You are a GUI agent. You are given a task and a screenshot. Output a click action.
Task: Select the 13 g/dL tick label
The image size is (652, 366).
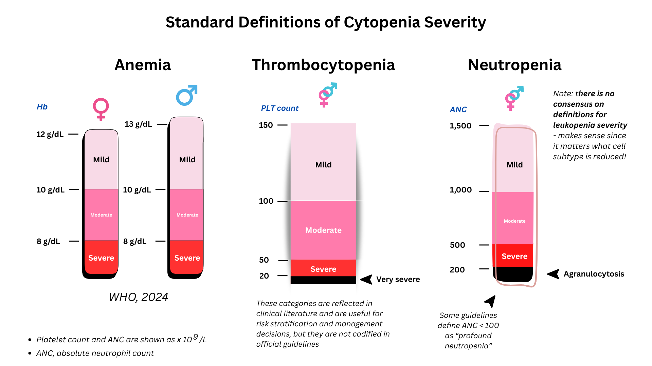click(138, 124)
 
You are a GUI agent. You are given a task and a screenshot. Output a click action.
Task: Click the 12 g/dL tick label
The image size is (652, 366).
click(50, 134)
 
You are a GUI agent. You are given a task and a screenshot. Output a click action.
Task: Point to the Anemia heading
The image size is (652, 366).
click(143, 65)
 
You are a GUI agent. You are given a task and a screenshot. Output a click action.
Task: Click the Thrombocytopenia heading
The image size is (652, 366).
click(323, 65)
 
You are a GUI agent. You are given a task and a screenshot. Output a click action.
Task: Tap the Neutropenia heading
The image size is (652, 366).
click(514, 65)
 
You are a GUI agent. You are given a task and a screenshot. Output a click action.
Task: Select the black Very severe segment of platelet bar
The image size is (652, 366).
click(323, 280)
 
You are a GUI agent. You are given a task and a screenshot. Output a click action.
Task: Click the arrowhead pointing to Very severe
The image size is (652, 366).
click(366, 279)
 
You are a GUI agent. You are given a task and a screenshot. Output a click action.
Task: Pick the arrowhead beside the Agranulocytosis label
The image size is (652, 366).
click(554, 274)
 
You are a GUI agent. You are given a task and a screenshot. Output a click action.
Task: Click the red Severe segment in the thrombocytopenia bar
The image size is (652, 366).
click(323, 268)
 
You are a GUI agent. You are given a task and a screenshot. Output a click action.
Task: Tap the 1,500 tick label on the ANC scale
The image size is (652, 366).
click(460, 126)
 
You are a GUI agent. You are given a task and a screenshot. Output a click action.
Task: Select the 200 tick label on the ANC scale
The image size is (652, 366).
click(457, 270)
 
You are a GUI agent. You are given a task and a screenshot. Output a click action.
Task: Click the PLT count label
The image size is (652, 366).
click(280, 108)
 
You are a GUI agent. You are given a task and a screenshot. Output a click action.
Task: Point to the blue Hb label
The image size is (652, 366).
click(42, 107)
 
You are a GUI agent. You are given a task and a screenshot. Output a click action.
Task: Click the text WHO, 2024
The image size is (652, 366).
click(138, 297)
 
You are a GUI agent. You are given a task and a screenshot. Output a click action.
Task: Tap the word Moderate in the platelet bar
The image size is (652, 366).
click(323, 230)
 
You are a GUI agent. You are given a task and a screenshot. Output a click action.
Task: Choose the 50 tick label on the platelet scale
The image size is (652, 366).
click(264, 260)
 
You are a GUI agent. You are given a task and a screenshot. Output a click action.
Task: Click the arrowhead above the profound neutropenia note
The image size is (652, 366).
click(491, 301)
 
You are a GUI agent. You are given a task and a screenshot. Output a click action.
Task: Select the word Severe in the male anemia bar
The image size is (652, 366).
click(187, 258)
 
